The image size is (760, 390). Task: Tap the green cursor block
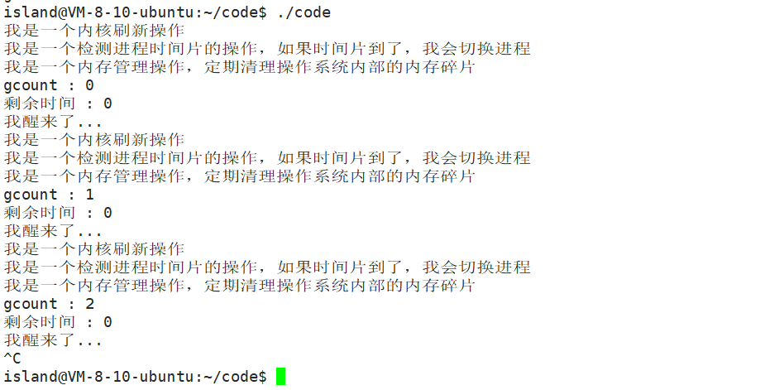[x=280, y=376]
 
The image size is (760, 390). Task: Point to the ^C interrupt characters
[x=12, y=359]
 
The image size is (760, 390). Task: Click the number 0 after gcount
[x=89, y=85]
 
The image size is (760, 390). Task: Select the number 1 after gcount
[x=89, y=195]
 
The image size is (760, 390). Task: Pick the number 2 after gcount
[x=89, y=304]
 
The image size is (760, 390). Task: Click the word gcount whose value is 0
[x=31, y=85]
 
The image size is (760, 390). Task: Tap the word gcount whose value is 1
[x=31, y=195]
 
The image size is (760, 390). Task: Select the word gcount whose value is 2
[x=31, y=304]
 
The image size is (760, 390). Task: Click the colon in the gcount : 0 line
[x=70, y=85]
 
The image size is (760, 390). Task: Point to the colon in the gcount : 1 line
[x=70, y=195]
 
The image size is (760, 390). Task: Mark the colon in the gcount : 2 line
[x=70, y=304]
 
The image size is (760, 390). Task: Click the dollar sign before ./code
[x=262, y=12]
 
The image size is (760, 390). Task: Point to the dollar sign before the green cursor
[x=262, y=377]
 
